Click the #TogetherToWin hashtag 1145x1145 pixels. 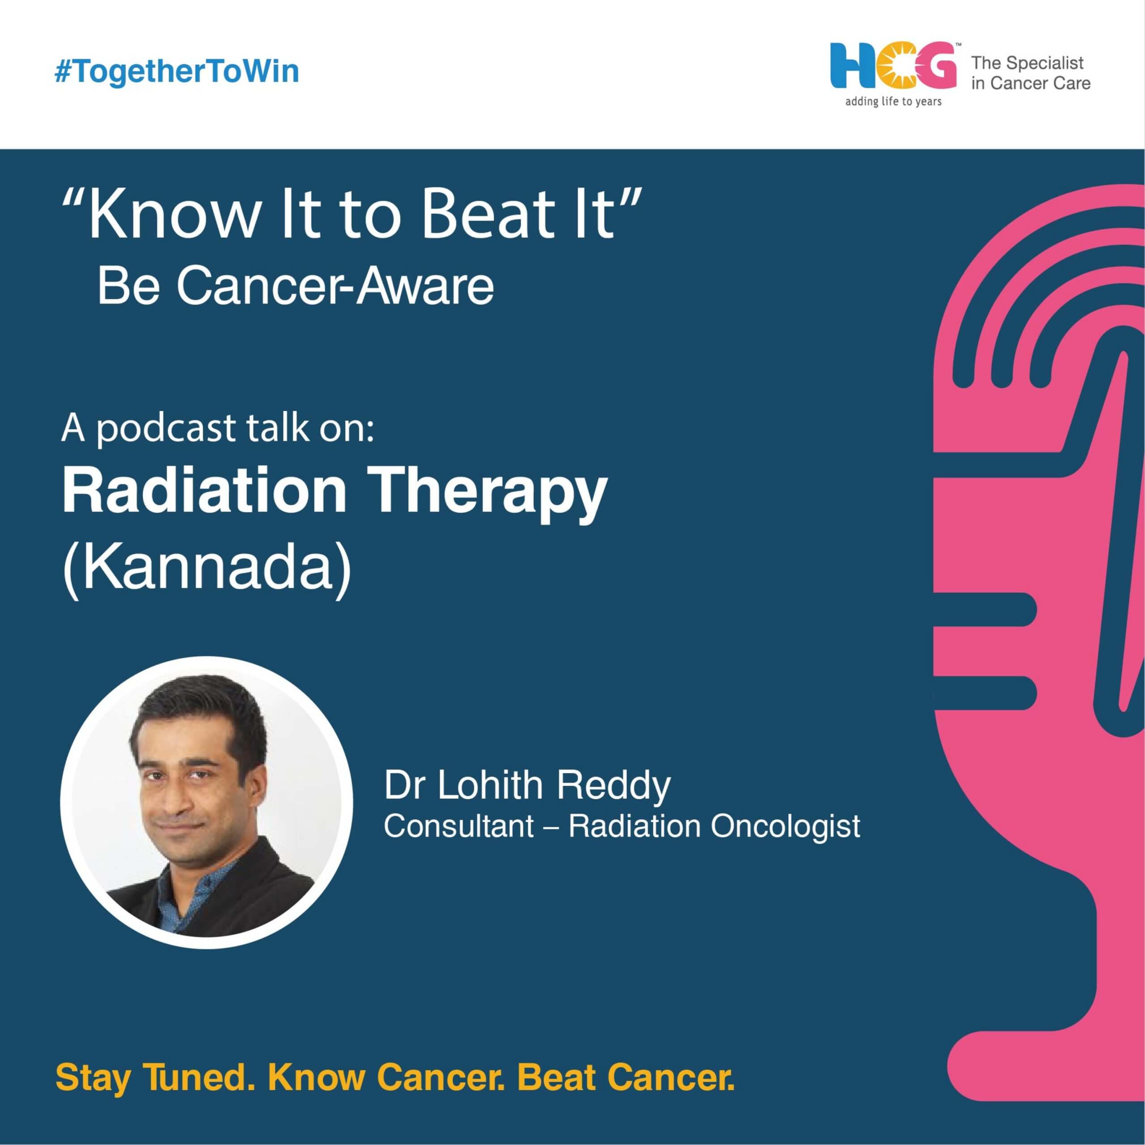point(177,72)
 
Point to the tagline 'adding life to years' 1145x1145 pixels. point(893,102)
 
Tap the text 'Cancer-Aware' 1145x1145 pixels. point(335,286)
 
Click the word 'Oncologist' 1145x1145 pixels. point(785,827)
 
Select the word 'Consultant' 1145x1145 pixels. point(459,826)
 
